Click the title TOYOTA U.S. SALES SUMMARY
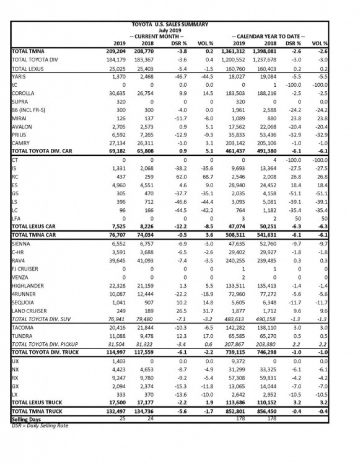169,24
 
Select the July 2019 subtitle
169,30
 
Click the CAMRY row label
22,141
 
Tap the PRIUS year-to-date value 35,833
246,133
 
